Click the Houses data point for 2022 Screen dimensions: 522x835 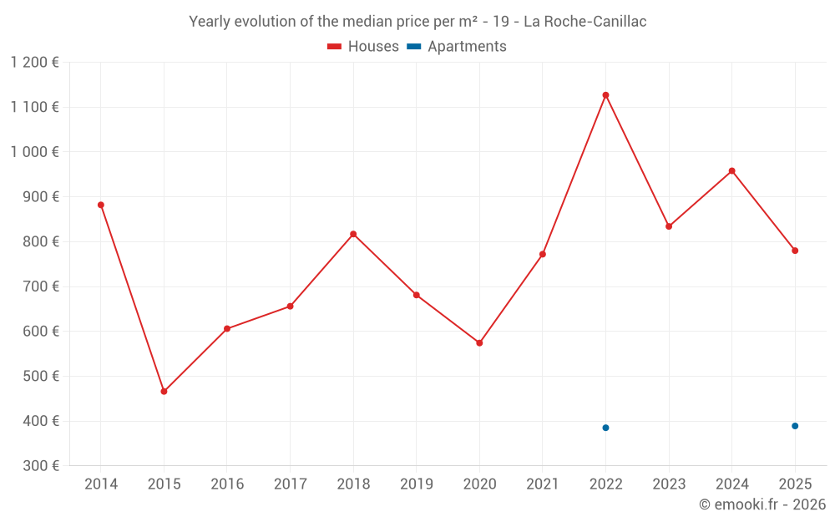pos(605,95)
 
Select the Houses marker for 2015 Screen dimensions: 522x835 pos(164,392)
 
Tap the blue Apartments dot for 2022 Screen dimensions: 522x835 pos(605,428)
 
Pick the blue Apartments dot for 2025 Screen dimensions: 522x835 pos(795,426)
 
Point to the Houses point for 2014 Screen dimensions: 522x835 pos(101,205)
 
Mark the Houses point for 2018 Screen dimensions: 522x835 pos(353,234)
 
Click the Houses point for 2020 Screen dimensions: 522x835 pos(479,343)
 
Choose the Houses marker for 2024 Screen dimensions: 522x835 pos(731,171)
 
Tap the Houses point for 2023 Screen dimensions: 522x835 pos(669,226)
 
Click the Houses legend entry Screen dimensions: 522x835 pos(363,47)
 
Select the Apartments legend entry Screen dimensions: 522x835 pos(458,47)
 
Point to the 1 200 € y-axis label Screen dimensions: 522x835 pos(35,63)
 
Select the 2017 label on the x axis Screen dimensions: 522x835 pos(290,484)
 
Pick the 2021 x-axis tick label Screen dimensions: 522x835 pos(542,484)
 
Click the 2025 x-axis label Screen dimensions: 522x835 pos(795,484)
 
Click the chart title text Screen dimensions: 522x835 pos(417,22)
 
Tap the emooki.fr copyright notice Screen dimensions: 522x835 pos(762,504)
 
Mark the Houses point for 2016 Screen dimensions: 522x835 pos(227,329)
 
